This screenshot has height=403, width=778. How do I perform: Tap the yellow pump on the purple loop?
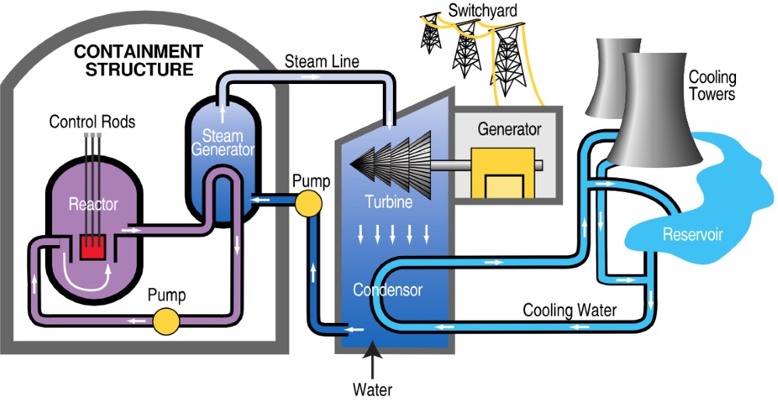165,319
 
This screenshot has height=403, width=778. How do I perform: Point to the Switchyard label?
478,10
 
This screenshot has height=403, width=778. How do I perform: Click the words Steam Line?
321,61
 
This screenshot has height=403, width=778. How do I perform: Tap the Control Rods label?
92,121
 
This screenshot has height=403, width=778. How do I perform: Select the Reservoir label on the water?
693,234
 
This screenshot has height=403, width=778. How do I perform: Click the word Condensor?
387,290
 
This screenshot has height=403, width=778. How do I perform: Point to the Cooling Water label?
569,310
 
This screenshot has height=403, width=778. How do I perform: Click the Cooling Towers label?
712,86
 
